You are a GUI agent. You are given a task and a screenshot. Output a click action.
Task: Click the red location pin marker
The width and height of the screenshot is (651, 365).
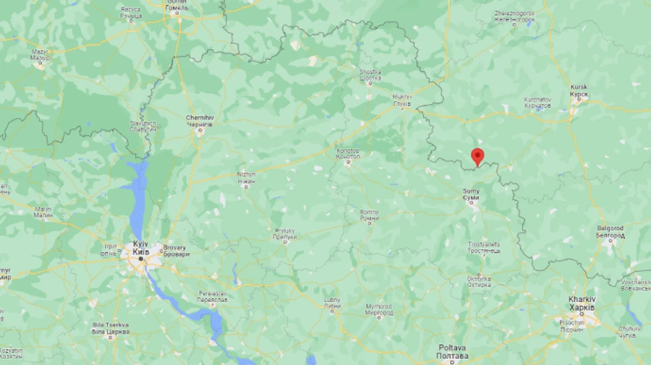477,156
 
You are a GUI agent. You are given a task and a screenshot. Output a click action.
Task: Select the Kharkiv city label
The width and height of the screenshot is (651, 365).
582,303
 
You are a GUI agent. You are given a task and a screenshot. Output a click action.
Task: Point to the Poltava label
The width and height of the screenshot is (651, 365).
454,352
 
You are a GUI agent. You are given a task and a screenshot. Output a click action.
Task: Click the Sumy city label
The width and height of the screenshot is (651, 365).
471,194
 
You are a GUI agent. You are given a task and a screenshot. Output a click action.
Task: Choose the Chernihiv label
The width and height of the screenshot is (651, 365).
200,120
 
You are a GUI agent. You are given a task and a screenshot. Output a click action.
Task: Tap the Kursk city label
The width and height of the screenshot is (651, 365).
579,90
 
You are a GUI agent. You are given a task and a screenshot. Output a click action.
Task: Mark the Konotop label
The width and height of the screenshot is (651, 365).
348,154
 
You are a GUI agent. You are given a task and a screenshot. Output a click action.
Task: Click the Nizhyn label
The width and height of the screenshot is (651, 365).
246,178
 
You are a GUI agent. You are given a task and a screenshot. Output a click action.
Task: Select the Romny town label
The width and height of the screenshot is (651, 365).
369,215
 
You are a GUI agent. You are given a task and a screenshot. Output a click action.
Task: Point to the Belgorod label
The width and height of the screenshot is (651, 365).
610,231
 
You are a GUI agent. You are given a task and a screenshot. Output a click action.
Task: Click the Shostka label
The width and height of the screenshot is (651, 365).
370,75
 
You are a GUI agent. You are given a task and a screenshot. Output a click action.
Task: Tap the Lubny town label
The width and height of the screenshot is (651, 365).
333,303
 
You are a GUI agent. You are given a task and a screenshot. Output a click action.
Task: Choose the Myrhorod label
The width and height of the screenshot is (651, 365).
379,311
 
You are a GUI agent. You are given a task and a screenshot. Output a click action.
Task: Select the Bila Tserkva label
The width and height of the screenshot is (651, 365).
111,329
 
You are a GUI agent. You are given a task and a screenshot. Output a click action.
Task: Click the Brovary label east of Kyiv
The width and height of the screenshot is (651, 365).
176,250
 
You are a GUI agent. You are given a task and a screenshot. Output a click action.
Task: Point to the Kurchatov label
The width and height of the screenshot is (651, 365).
537,102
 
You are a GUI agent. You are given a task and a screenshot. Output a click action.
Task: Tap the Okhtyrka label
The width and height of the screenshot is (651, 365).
479,282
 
